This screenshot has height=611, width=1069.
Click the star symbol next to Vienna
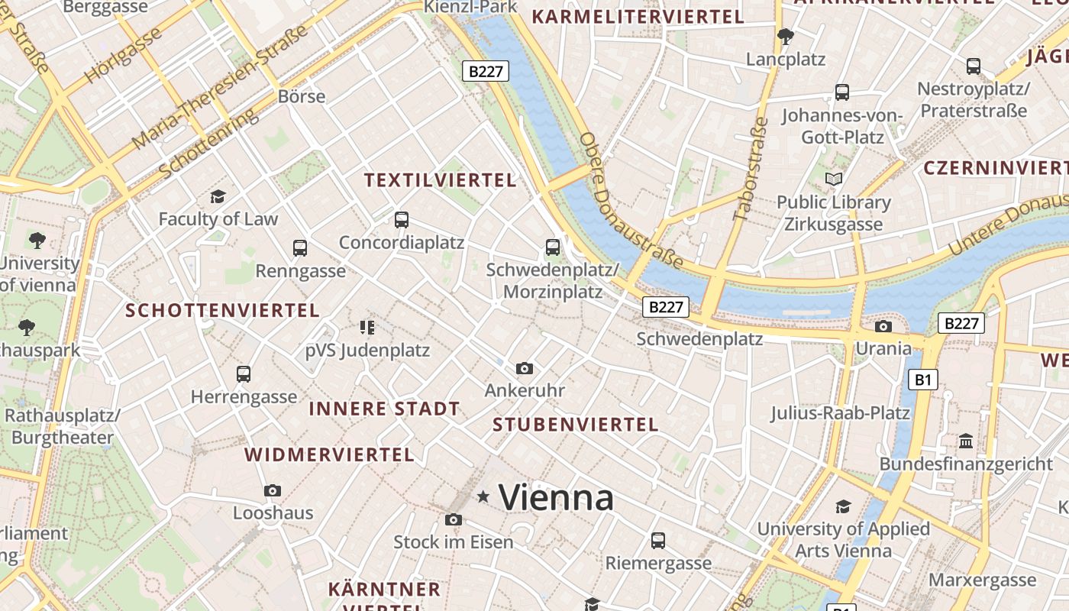point(483,497)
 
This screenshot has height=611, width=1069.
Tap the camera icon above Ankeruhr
point(525,368)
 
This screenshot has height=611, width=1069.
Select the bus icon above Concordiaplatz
point(402,220)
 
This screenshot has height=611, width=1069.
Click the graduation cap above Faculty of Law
point(218,197)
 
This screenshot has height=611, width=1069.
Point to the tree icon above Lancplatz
point(785,36)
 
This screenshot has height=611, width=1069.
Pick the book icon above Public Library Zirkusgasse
point(834,179)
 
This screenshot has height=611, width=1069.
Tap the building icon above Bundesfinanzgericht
point(966,441)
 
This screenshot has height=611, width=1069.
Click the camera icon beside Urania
point(883,326)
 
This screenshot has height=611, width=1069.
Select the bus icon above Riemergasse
point(658,541)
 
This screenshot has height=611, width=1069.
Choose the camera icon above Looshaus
point(273,490)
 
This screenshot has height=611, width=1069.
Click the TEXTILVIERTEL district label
point(441,180)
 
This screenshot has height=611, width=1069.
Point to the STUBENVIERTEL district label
point(575,425)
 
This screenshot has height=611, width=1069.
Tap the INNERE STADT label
point(384,409)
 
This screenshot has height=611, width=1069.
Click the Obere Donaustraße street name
point(631,201)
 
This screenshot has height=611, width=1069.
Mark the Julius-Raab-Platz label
point(840,413)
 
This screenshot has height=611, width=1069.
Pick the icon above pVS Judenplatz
point(367,328)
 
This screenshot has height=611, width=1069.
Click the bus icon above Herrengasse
point(244,374)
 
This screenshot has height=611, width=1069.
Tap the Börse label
point(302,96)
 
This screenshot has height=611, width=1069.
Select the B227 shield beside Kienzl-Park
point(486,71)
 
